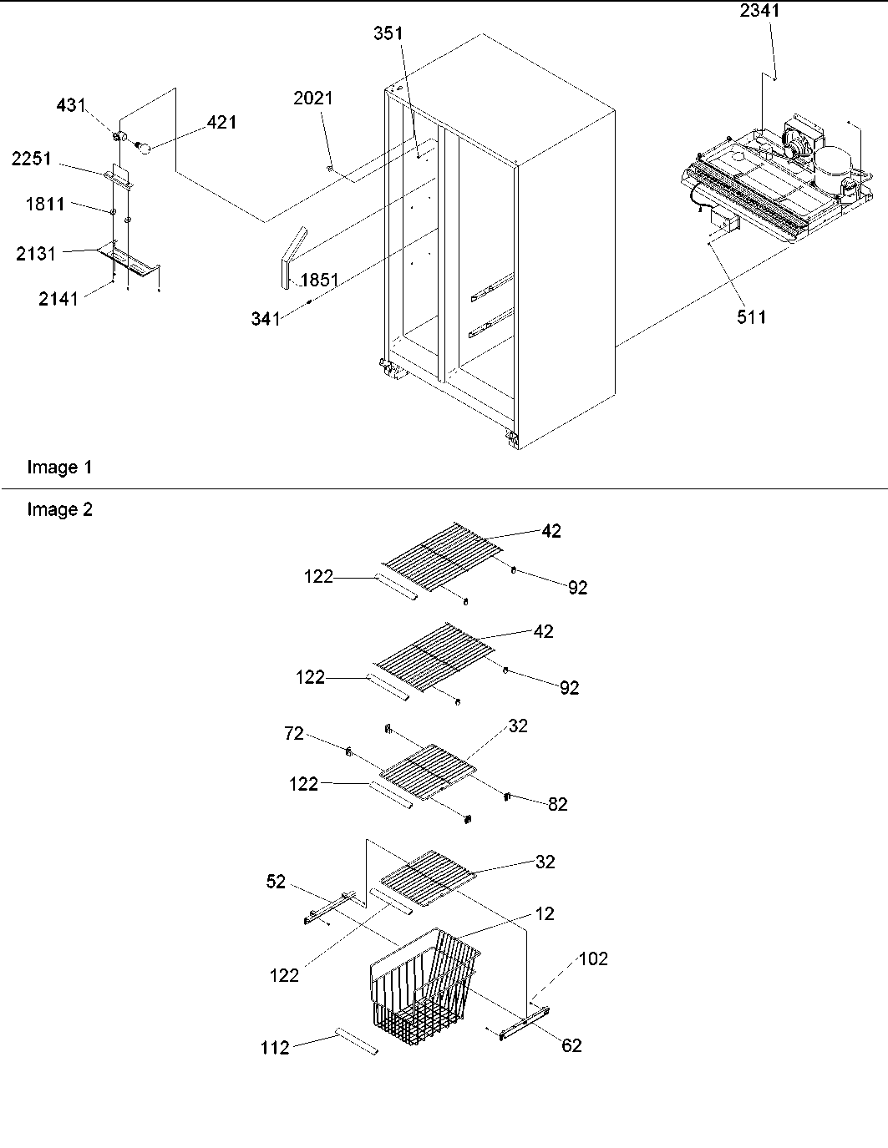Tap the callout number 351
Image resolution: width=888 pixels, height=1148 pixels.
pos(388,34)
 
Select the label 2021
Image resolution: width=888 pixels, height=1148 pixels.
pos(312,99)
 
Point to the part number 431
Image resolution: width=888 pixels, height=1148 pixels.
pos(70,106)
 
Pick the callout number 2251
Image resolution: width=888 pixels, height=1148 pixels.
pos(33,159)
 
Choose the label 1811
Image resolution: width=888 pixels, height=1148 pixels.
pos(44,205)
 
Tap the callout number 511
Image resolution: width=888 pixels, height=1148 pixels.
pos(750,316)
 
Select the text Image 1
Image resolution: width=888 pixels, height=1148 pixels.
pos(59,468)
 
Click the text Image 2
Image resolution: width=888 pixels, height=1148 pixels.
pos(59,509)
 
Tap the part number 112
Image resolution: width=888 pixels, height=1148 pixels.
pos(275,1047)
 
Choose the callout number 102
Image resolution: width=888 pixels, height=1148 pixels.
pos(593,958)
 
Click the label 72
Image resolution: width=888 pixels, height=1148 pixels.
pos(293,734)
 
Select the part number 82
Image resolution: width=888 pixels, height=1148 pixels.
pos(558,804)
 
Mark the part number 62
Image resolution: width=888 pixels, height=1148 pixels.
pos(571,1045)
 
